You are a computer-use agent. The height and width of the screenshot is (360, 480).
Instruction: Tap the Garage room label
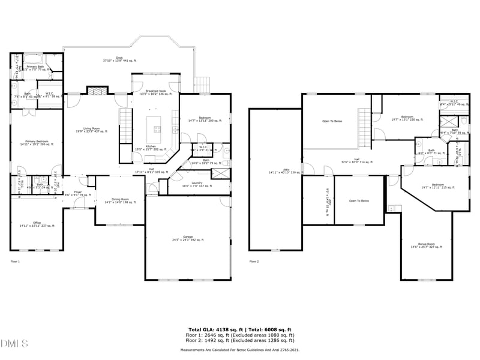pyautogui.click(x=188, y=238)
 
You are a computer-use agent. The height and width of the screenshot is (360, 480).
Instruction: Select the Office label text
pyautogui.click(x=37, y=224)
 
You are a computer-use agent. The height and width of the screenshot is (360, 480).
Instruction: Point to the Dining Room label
pyautogui.click(x=117, y=201)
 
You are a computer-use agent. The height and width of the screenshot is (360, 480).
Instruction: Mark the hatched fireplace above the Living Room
pyautogui.click(x=95, y=91)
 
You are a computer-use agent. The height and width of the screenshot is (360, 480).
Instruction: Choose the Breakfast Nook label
pyautogui.click(x=155, y=92)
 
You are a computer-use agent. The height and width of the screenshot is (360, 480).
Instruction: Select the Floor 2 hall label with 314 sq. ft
pyautogui.click(x=357, y=161)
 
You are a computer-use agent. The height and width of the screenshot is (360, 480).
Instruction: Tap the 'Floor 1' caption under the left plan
pyautogui.click(x=15, y=262)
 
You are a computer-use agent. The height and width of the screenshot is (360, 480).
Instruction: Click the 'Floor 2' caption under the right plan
pyautogui.click(x=254, y=262)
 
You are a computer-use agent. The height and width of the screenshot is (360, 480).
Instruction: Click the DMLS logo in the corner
pyautogui.click(x=14, y=344)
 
